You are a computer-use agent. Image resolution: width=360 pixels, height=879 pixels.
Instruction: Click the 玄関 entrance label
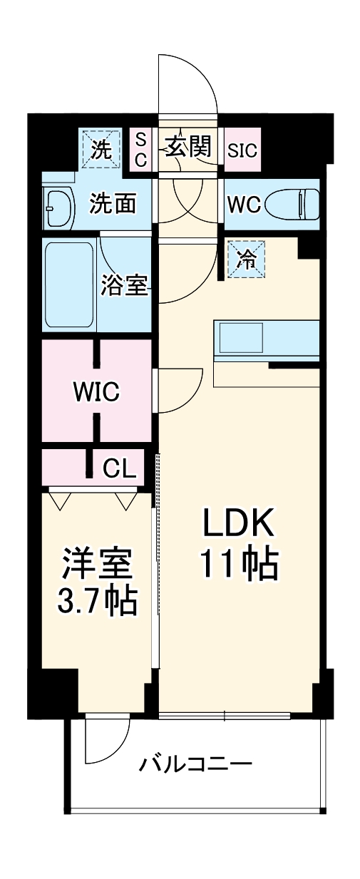[x=189, y=147]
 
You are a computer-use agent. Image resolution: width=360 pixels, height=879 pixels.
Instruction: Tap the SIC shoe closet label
[x=243, y=150]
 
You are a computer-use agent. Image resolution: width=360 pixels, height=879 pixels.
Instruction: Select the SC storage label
[x=141, y=150]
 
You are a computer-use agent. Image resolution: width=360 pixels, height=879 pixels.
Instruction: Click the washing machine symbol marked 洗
[x=101, y=149]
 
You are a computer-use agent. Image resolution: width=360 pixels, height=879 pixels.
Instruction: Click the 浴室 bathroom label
[x=125, y=285]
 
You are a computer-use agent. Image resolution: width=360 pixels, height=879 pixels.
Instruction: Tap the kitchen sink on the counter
[x=240, y=337]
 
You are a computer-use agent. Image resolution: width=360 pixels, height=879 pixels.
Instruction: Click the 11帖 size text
[x=238, y=565]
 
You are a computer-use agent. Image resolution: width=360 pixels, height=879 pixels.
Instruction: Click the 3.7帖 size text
[x=96, y=602]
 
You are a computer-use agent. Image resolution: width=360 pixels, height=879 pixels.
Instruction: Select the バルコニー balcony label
[x=195, y=765]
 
